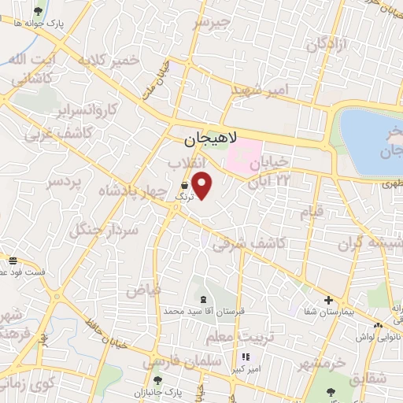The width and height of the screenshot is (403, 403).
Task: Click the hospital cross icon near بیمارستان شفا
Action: click(328, 301)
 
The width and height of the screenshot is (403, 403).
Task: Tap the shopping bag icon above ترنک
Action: click(184, 186)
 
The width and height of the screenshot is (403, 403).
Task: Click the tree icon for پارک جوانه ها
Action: click(39, 11)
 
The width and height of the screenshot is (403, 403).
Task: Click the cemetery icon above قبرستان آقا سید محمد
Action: click(205, 299)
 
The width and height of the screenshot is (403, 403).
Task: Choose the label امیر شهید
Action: click(261, 90)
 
